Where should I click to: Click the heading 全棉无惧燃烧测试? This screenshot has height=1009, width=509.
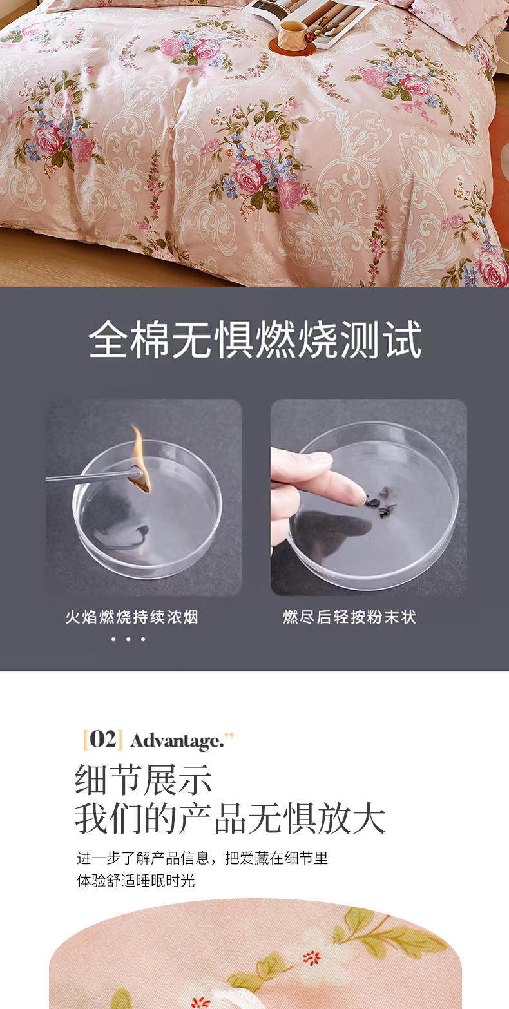255,339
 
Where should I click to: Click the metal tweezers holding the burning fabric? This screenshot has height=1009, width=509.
92,477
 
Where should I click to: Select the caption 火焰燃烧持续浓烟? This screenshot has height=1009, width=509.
131,617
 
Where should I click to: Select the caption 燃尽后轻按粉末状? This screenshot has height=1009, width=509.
349,617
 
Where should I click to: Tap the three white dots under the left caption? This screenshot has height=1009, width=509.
128,639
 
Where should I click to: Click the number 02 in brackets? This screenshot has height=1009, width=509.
103,740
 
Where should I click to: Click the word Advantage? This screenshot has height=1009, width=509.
177,741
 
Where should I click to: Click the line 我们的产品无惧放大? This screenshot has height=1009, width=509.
230,818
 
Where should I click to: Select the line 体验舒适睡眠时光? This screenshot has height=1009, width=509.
135,880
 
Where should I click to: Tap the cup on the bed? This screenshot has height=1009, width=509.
291,34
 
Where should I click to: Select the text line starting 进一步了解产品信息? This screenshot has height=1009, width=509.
202,858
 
